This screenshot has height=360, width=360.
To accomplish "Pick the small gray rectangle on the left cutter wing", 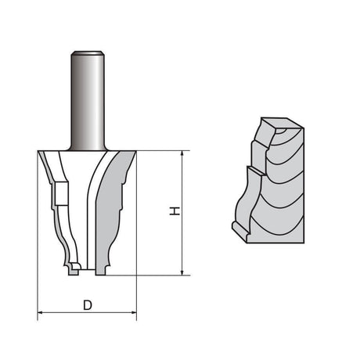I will (x=57, y=193).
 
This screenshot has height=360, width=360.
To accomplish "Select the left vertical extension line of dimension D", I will (x=38, y=235).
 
